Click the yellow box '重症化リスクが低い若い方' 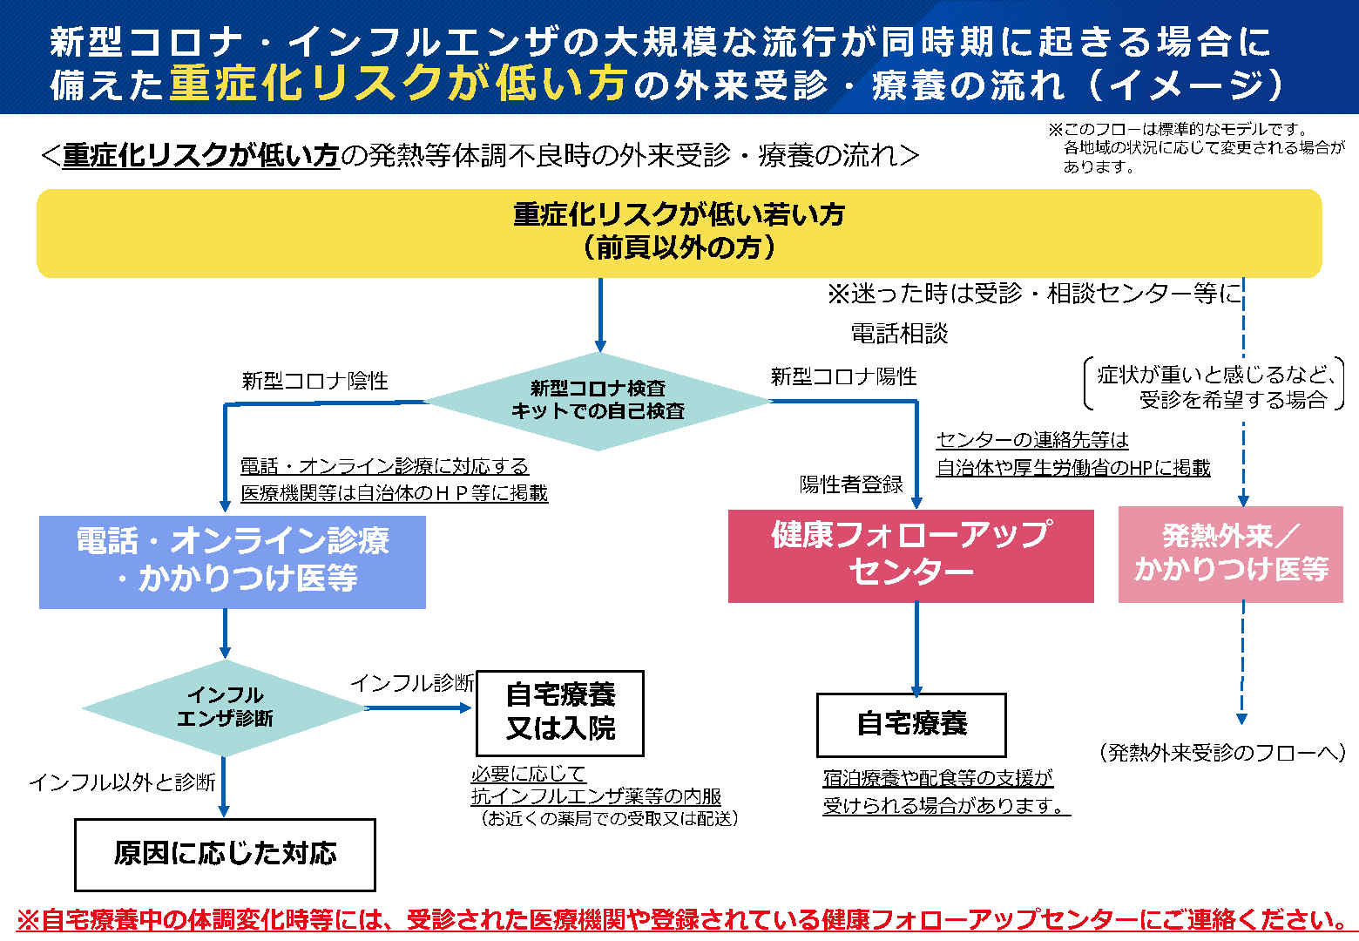pos(679,234)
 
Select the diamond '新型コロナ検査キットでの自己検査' pos(598,401)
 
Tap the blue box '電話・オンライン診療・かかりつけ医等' pos(233,562)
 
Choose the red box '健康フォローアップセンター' pos(910,556)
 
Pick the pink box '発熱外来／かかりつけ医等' pos(1230,554)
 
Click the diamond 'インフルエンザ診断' pos(225,707)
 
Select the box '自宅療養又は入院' pos(560,713)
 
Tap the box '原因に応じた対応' pos(225,855)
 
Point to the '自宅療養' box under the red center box pos(911,725)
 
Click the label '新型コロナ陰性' pos(314,381)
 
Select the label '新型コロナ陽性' pos(843,376)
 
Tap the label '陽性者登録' pos(851,484)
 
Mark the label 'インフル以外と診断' pos(123,782)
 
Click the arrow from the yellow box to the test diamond pos(600,315)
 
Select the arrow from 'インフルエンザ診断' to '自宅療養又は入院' pos(419,707)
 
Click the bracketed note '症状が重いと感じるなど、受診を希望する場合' pos(1214,387)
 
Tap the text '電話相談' pos(899,333)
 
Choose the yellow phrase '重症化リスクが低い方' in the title pos(399,83)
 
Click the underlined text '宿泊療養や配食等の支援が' pos(938,778)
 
